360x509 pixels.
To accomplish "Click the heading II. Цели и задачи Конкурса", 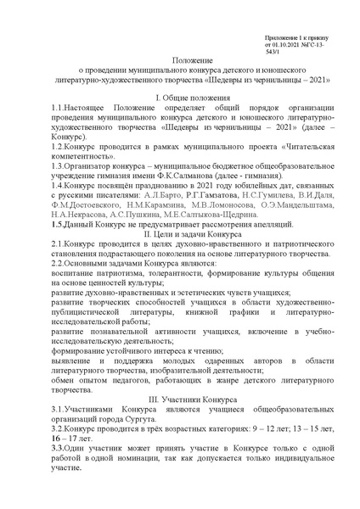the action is pyautogui.click(x=179, y=232).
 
